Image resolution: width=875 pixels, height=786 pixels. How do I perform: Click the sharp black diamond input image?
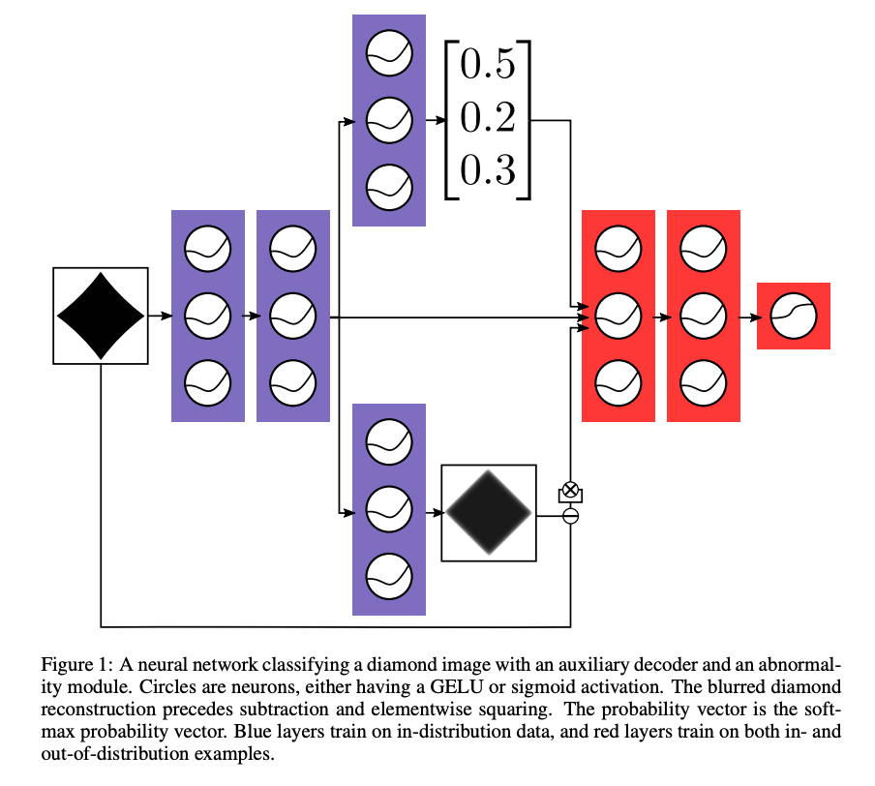101,316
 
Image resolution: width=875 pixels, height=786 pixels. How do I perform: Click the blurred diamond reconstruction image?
489,513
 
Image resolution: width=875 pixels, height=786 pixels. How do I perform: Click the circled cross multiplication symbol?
571,489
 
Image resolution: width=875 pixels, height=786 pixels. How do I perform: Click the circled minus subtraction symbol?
571,516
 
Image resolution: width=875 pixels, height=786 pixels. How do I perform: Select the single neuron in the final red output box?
794,316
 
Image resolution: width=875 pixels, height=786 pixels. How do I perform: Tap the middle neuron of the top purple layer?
389,121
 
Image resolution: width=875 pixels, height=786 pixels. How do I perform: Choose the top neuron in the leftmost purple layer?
208,250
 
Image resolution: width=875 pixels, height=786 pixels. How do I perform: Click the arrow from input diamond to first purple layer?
160,316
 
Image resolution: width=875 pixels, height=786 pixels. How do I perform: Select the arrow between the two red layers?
661,316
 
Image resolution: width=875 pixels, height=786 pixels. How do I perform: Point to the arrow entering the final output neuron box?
748,316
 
